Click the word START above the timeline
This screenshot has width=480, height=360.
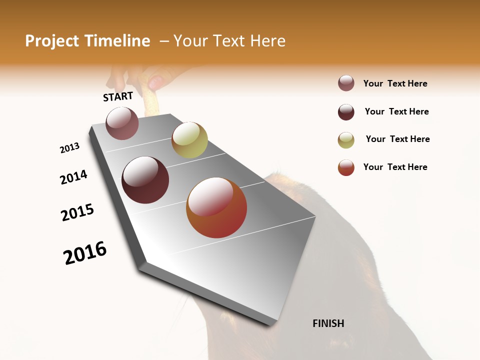(x=118, y=96)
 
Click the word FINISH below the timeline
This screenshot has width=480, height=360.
(x=328, y=323)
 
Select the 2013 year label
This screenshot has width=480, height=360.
(x=69, y=148)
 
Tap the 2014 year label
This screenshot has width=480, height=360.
(x=73, y=177)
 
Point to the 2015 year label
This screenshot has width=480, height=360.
(x=77, y=212)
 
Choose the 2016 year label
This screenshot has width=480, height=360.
(x=85, y=253)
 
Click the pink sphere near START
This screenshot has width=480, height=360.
(x=122, y=123)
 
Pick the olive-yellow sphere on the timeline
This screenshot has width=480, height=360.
(x=189, y=140)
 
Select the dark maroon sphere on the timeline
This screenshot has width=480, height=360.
(x=145, y=180)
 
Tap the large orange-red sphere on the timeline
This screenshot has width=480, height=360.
(x=216, y=207)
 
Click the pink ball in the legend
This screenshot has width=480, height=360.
(x=346, y=83)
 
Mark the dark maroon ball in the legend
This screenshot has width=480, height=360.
(x=346, y=112)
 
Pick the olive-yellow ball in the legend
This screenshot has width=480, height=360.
(x=346, y=140)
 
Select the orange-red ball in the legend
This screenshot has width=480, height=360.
(x=346, y=167)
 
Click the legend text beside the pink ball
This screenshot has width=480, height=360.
(x=395, y=83)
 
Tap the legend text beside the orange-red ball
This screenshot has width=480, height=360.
(x=395, y=167)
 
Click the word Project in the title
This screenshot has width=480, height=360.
(x=52, y=41)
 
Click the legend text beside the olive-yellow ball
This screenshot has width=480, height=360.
(x=397, y=139)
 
